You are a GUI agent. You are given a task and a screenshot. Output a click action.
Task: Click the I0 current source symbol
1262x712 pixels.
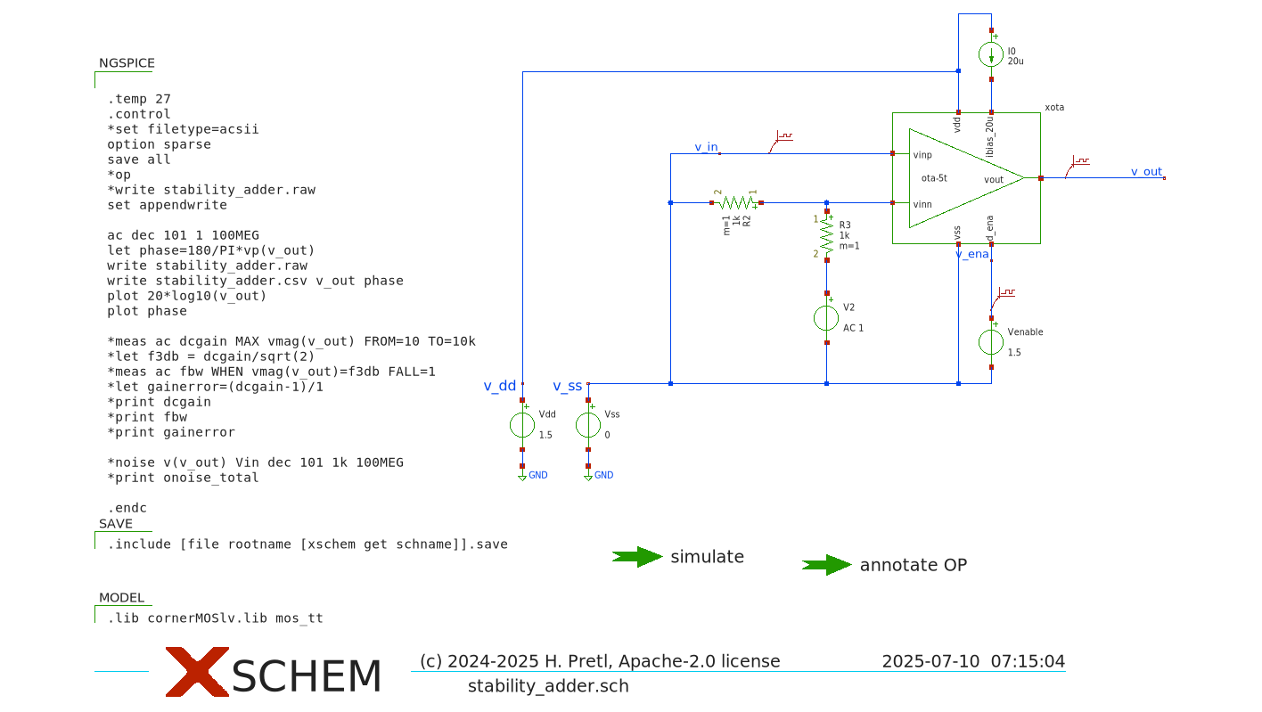pos(991,54)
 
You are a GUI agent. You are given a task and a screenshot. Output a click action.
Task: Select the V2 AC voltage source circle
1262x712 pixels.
pos(827,318)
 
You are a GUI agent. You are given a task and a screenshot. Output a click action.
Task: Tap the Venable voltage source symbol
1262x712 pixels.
pos(991,341)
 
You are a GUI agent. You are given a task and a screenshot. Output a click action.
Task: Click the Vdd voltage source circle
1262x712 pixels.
pos(522,425)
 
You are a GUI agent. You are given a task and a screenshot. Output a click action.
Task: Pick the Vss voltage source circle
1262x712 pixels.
pos(588,425)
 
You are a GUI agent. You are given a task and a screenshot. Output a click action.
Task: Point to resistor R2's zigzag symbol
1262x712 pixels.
pos(736,202)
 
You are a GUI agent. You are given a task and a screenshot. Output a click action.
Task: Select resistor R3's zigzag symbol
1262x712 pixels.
pos(827,234)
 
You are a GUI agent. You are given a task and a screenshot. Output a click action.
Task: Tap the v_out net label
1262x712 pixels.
pos(1146,171)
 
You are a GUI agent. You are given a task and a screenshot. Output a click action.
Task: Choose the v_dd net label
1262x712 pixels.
pos(499,386)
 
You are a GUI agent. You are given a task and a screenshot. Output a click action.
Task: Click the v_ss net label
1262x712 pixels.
pos(567,386)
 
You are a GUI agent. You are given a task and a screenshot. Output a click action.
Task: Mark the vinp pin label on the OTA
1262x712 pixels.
pos(922,155)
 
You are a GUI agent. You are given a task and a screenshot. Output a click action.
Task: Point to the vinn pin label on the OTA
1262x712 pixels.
pos(922,204)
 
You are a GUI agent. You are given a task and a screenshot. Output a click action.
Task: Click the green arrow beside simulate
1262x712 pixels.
pos(637,557)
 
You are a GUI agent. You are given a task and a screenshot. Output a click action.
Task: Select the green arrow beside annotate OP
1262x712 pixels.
pos(827,565)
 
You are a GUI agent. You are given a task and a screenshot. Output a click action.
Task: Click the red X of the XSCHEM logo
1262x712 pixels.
pos(197,672)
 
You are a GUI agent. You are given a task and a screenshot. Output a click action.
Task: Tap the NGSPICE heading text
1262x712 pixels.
pos(127,63)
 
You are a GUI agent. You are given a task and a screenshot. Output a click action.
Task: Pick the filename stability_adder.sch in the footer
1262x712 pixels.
pos(548,686)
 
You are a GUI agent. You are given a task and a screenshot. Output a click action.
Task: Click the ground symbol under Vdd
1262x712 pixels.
pos(522,477)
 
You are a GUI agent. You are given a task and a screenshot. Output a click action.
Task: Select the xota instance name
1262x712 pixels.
pos(1053,107)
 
